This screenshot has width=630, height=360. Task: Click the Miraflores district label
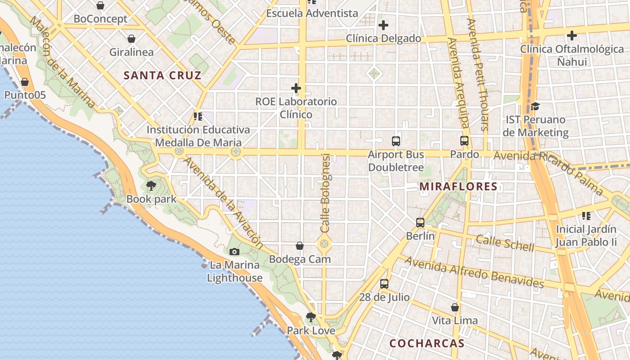pyautogui.click(x=458, y=186)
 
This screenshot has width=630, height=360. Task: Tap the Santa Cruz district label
pyautogui.click(x=162, y=75)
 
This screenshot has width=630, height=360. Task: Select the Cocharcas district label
pyautogui.click(x=427, y=343)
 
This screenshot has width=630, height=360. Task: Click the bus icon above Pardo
pyautogui.click(x=464, y=141)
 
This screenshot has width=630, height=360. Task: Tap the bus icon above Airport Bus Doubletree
pyautogui.click(x=396, y=141)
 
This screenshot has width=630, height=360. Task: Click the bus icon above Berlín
pyautogui.click(x=420, y=222)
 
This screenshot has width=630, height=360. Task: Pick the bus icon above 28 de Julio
pyautogui.click(x=384, y=284)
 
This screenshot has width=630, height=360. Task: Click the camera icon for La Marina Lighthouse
pyautogui.click(x=234, y=252)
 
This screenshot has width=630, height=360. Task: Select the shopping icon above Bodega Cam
pyautogui.click(x=300, y=246)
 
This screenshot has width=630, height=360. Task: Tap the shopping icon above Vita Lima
pyautogui.click(x=455, y=307)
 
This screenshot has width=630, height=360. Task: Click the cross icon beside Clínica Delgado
pyautogui.click(x=383, y=25)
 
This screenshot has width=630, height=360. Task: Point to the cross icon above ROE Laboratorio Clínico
pyautogui.click(x=296, y=88)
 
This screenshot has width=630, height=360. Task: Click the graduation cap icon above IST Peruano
pyautogui.click(x=535, y=106)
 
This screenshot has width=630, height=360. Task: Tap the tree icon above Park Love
pyautogui.click(x=310, y=317)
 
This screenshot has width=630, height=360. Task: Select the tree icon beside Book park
pyautogui.click(x=151, y=185)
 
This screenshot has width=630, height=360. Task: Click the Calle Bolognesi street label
pyautogui.click(x=326, y=193)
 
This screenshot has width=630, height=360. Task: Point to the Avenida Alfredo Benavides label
pyautogui.click(x=474, y=272)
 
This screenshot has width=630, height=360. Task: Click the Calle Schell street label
pyautogui.click(x=505, y=243)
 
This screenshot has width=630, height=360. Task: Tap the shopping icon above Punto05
pyautogui.click(x=25, y=82)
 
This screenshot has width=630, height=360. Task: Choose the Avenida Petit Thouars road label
pyautogui.click(x=478, y=74)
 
